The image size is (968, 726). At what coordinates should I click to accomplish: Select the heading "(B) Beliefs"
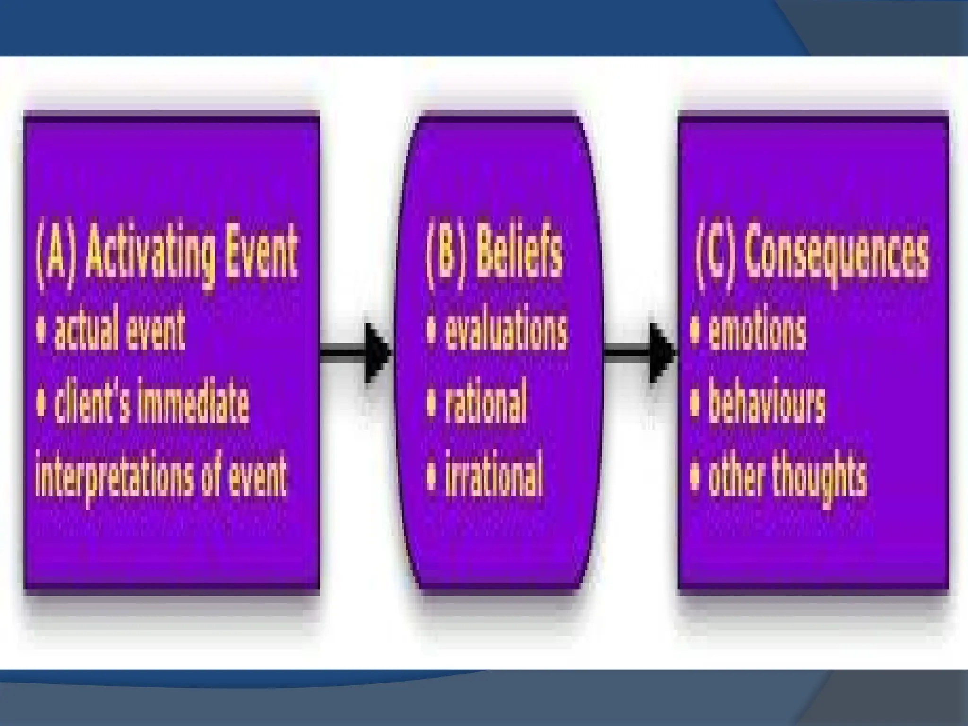point(494,256)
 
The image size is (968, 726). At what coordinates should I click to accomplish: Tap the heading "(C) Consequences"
point(812,256)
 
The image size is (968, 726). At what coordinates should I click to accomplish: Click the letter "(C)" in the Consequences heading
point(715,256)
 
